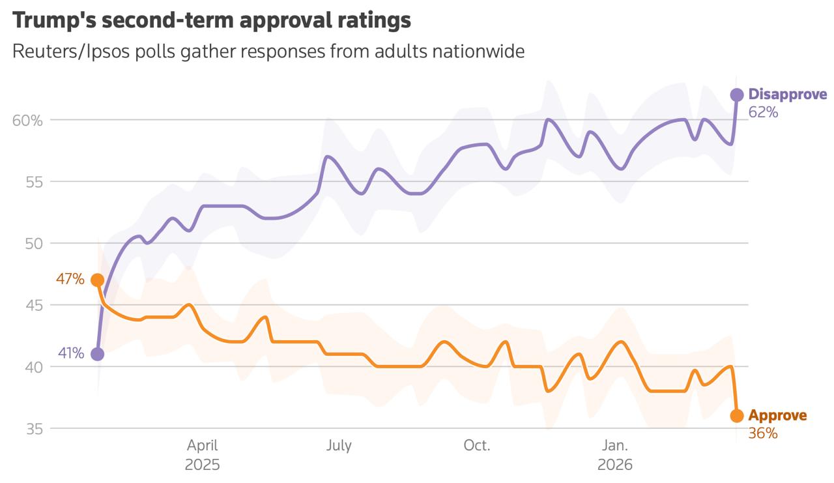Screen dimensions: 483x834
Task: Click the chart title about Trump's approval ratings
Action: (x=212, y=20)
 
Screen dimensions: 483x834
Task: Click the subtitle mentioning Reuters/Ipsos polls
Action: (x=268, y=51)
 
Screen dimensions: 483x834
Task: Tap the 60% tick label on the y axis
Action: (x=27, y=120)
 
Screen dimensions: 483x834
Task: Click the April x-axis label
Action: (x=203, y=446)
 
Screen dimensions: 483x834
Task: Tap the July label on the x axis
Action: (x=339, y=446)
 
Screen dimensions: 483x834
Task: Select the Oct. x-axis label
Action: (x=477, y=446)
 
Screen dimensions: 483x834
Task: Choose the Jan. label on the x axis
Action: (x=615, y=446)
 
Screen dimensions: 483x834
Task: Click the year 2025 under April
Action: (x=203, y=465)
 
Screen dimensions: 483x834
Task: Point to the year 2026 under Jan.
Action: (x=615, y=465)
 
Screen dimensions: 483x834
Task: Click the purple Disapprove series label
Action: (x=788, y=95)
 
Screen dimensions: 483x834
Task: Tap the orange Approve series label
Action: (x=777, y=415)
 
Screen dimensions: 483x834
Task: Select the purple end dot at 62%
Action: (x=737, y=95)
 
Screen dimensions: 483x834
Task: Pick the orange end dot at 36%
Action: (x=737, y=416)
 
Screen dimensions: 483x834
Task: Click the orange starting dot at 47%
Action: (x=98, y=280)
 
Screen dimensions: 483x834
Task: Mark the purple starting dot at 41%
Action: (x=98, y=354)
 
